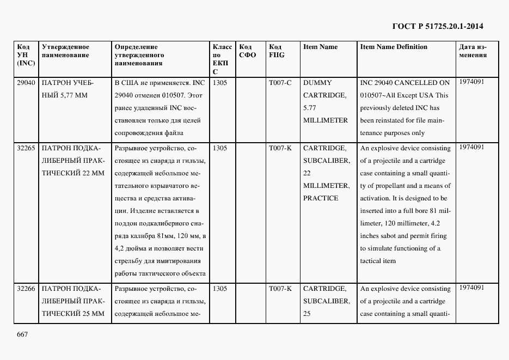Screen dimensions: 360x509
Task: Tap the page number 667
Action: coord(22,334)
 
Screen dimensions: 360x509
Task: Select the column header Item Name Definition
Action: coord(394,47)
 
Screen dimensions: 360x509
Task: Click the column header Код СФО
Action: coord(248,51)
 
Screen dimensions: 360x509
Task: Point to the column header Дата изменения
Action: coord(473,51)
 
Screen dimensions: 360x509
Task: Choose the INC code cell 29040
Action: coord(26,83)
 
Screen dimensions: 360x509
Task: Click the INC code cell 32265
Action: coord(26,148)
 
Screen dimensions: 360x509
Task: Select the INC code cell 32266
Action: coord(26,289)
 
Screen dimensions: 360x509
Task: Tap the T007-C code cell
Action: coord(280,83)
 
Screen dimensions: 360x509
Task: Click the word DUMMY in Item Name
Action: coord(317,83)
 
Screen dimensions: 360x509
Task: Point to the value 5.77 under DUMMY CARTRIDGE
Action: coord(309,108)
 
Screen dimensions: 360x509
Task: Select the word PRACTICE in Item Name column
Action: coord(321,198)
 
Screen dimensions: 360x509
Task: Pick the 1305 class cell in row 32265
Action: coord(220,148)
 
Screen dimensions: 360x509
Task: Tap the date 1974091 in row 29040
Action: coord(471,82)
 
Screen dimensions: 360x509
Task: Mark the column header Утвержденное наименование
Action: coord(65,51)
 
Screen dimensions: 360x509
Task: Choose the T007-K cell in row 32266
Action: coord(280,289)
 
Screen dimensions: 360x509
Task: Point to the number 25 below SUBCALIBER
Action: coord(308,314)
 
